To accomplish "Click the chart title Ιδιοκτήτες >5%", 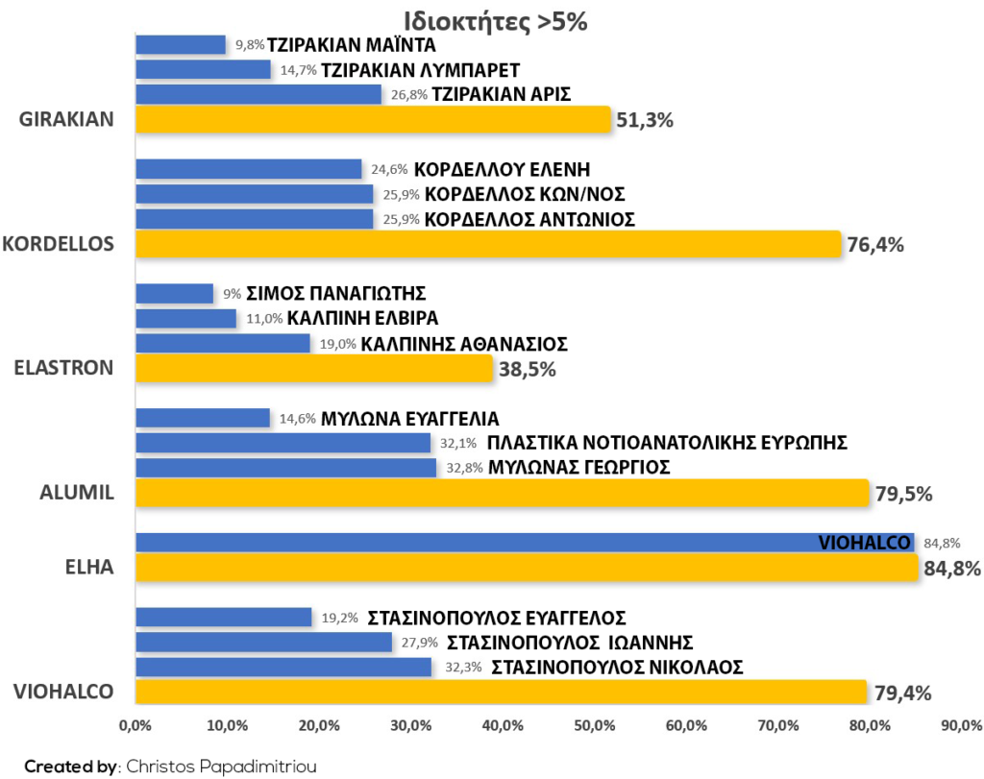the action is [496, 22].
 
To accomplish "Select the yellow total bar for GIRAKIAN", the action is [374, 119].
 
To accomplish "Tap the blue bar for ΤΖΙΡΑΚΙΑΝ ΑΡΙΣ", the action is [258, 95].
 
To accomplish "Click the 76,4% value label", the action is [875, 245].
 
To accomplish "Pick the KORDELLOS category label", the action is [59, 244].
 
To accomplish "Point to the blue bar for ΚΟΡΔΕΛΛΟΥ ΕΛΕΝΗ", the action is [249, 169].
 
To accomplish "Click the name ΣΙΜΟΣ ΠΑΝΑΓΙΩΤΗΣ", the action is [335, 294].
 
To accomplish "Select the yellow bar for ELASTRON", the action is [314, 368].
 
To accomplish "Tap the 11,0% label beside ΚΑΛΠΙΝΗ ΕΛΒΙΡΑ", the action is [264, 319].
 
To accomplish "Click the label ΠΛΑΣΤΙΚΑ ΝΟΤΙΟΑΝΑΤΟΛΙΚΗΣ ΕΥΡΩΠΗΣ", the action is [667, 443].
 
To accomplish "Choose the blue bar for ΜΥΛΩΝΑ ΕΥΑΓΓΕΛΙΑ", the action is [203, 419].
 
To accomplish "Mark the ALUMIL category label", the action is [77, 493].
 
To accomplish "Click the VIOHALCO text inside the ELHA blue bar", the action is [864, 543].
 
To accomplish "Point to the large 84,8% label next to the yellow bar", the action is [952, 569].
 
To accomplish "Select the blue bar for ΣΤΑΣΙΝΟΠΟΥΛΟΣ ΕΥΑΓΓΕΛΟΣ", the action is [224, 618].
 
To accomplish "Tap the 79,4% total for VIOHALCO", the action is [903, 694].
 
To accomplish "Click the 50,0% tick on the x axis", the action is [594, 725].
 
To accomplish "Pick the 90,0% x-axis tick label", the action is [961, 725].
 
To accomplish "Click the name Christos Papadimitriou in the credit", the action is [222, 767].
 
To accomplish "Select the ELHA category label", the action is [89, 567].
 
